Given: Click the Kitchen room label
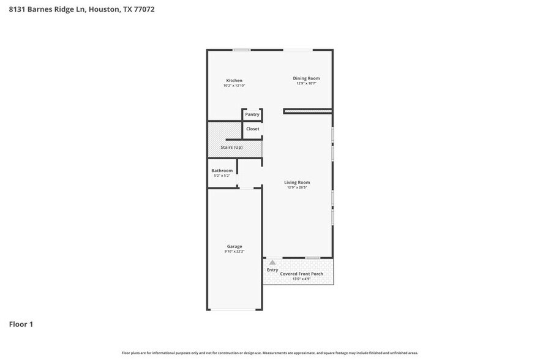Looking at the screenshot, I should pos(234,81).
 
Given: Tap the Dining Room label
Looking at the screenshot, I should pos(306,78).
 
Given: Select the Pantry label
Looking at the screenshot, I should pos(252,114).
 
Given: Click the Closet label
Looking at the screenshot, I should pos(252,129).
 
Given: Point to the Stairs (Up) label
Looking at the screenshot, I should pos(231,148).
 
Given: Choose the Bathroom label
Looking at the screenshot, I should pos(222,171).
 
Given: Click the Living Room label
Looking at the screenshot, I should pos(297,182).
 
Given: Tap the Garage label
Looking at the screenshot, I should pos(234,247).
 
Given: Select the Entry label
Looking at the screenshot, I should pos(272,270).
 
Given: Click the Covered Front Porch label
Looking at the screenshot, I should pos(301,274).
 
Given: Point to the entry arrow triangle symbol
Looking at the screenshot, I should pos(272,262).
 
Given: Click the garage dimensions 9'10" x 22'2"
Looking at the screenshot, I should pos(234,252).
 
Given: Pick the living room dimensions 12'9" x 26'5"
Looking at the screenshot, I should pos(297,187).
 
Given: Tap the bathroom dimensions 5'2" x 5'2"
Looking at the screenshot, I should pos(222,176).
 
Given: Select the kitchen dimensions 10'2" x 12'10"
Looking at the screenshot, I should pos(234,86).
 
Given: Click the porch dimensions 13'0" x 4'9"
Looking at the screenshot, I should pos(301,279).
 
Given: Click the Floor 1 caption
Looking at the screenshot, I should pos(21,324).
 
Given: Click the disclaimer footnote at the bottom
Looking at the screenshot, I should pos(270,353).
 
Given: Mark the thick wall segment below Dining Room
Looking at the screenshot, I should pos(308,111).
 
